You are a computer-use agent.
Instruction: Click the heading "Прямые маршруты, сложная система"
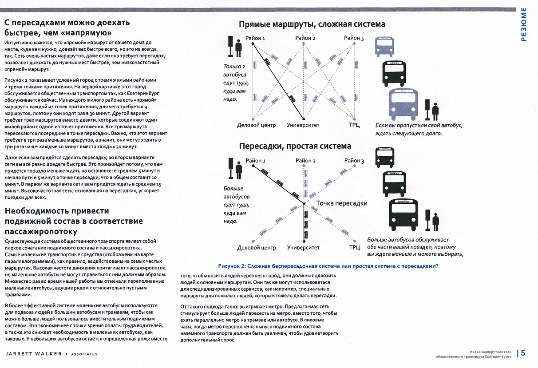[312, 24]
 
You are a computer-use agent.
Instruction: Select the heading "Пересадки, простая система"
[295, 146]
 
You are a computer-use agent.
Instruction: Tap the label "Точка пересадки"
[341, 203]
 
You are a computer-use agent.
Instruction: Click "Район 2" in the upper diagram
[305, 38]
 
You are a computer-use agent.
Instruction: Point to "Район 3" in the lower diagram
[354, 161]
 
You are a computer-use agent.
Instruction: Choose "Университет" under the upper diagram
[303, 125]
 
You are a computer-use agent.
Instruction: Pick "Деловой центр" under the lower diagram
[257, 248]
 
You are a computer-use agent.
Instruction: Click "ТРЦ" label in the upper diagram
[354, 125]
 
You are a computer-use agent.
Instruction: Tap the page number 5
[523, 353]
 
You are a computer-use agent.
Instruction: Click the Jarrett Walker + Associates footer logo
[51, 354]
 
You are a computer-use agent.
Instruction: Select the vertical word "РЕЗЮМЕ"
[524, 24]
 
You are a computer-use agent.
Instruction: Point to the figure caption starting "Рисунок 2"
[328, 266]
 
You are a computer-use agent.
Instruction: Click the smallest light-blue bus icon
[384, 45]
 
